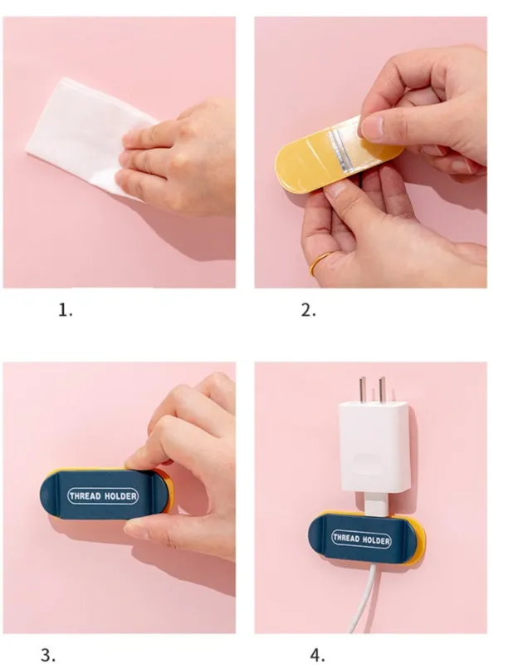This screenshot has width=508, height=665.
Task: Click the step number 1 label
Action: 66,311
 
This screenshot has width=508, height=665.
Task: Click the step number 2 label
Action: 309,311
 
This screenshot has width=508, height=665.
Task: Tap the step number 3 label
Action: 48,655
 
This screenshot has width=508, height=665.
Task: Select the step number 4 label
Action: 317,655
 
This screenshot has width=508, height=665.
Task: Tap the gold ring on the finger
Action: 320,264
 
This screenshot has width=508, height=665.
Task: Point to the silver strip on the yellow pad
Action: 342,151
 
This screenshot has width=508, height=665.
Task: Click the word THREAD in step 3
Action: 85,495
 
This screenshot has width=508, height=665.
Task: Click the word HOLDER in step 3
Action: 120,495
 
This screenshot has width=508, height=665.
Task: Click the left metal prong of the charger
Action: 363,390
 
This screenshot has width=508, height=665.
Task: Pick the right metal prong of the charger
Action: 383,390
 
